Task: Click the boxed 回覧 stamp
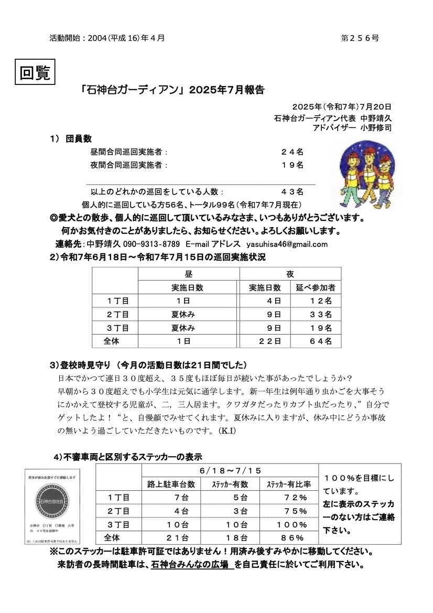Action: click(35, 72)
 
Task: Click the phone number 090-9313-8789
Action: click(151, 244)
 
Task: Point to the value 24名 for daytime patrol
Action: click(292, 152)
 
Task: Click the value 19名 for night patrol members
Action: click(292, 165)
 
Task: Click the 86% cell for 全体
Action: click(293, 538)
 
